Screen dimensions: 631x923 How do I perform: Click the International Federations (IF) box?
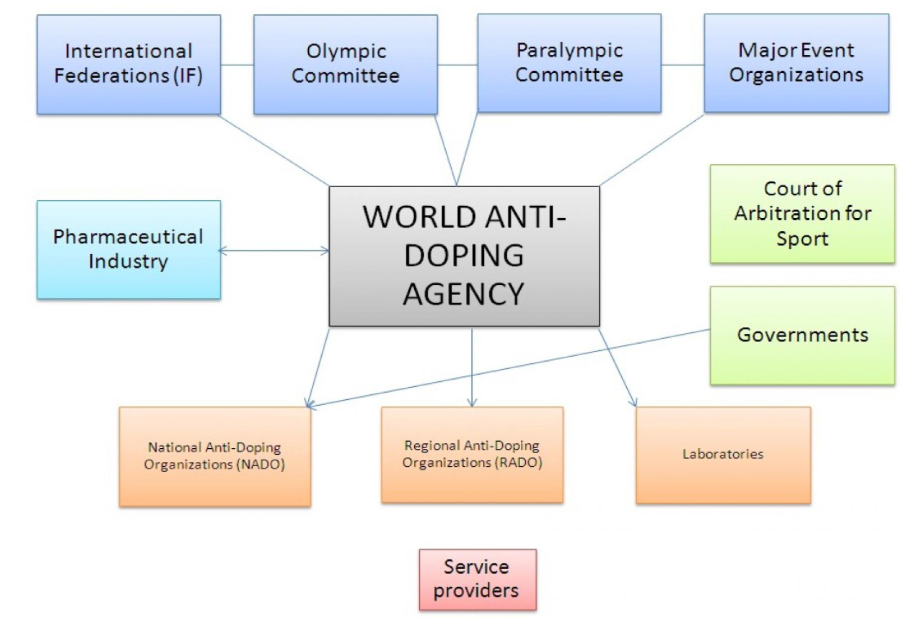point(129,64)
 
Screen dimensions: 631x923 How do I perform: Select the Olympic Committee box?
point(345,64)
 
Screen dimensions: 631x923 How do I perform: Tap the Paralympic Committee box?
point(569,63)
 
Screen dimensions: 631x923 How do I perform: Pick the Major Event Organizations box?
point(796,63)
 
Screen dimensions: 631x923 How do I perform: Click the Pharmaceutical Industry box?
point(129,250)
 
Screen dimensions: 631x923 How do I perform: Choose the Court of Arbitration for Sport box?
point(802,214)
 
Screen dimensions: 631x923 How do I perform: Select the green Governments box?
point(802,335)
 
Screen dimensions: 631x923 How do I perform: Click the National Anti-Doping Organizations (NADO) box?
point(215,456)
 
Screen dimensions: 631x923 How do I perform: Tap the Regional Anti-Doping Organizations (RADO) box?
point(472,454)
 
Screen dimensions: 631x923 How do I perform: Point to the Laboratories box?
point(723,454)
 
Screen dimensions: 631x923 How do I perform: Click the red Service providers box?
point(477,579)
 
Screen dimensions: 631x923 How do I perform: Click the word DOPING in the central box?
point(464,256)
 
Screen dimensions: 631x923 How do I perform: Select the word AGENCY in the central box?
point(464,294)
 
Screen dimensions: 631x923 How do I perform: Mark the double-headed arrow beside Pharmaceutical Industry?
point(275,251)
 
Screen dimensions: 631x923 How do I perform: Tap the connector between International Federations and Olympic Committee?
point(237,65)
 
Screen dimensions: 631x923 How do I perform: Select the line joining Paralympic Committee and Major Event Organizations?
point(683,65)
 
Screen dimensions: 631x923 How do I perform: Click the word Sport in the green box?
point(802,239)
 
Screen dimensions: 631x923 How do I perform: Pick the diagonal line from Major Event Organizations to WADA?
point(652,150)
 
